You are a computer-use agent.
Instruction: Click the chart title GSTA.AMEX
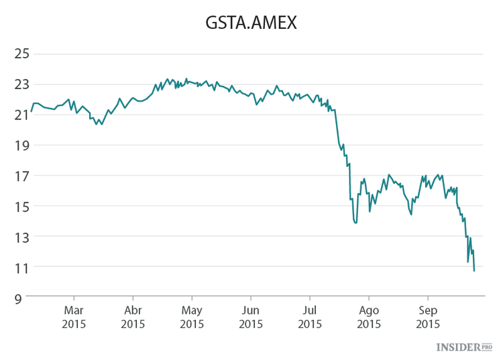coord(251,23)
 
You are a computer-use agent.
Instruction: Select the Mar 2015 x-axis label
coord(74,317)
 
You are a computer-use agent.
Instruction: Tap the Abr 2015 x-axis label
coord(133,317)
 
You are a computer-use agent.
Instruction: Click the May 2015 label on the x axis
coord(192,317)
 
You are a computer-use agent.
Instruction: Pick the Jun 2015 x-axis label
coord(251,317)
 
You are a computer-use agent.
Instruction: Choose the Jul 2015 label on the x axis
coord(310,317)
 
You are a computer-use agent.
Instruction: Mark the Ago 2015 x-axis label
coord(369,317)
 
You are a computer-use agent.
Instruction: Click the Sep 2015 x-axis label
coord(428,317)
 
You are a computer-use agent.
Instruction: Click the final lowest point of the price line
coord(474,271)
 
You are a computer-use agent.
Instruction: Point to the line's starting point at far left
coord(32,111)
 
